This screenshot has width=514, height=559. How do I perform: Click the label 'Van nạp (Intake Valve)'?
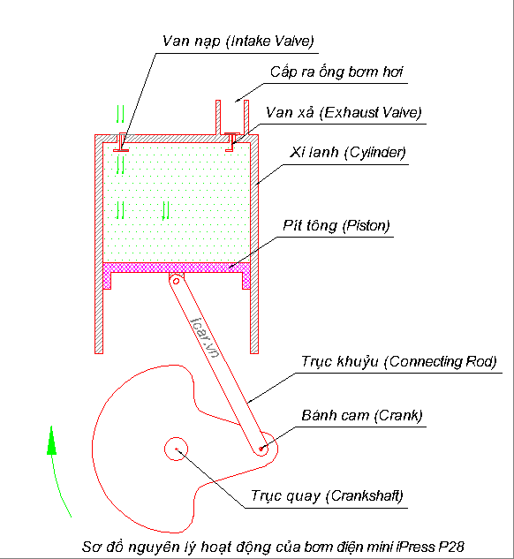tap(238, 42)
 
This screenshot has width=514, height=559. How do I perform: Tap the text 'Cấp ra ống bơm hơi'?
tap(336, 72)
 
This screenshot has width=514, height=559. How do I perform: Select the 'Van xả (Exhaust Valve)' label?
tap(344, 113)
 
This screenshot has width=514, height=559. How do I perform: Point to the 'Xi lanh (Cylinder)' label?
tap(348, 153)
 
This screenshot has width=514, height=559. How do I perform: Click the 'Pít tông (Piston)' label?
tap(336, 226)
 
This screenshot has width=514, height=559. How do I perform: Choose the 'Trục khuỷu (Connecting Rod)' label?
tap(399, 362)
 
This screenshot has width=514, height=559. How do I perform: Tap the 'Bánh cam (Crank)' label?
tap(362, 416)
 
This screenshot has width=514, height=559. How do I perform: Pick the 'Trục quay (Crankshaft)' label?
tap(327, 496)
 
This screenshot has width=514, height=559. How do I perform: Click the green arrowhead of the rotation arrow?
tap(52, 441)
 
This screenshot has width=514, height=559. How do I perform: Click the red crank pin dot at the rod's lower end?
tap(261, 449)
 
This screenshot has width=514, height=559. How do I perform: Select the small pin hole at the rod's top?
tap(176, 282)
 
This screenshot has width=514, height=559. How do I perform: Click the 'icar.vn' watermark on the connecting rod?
tap(205, 336)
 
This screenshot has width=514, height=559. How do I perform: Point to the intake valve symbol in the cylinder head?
tap(121, 142)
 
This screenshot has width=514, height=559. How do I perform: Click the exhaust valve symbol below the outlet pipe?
tap(231, 142)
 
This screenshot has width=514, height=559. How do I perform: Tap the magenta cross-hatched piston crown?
tap(177, 268)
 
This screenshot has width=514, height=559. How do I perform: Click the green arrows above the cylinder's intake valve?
tap(120, 114)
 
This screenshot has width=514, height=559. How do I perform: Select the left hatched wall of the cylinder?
tap(99, 245)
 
